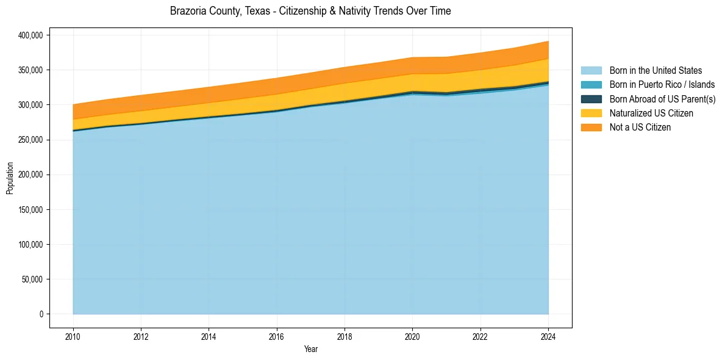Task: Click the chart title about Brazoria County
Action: click(x=310, y=11)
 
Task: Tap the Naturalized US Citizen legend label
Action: click(x=651, y=113)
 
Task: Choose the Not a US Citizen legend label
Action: click(x=640, y=128)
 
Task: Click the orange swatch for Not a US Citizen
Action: click(x=591, y=128)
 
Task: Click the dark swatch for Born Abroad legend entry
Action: click(x=591, y=99)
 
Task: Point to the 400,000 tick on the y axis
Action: click(x=30, y=35)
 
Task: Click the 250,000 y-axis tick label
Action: click(x=30, y=140)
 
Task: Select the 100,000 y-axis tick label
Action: click(x=30, y=245)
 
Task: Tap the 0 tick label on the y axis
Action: click(x=41, y=314)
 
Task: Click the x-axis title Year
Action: click(x=310, y=349)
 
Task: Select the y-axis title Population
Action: click(x=10, y=178)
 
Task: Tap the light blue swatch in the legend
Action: click(x=591, y=71)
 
